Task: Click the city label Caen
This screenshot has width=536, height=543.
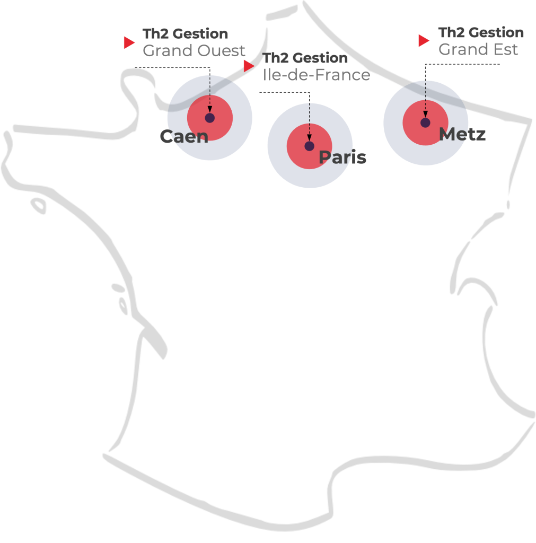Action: (183, 136)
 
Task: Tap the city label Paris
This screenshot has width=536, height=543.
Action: (342, 157)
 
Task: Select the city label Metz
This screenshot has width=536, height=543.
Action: (462, 134)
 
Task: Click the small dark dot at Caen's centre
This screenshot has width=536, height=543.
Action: (210, 118)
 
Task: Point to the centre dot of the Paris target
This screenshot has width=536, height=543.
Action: (310, 146)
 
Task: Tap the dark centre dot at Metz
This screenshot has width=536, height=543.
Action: (425, 122)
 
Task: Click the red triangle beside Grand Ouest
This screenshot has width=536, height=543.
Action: (129, 42)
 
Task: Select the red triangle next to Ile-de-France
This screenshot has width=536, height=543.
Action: (249, 66)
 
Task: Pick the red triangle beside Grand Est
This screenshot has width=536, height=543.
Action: (423, 40)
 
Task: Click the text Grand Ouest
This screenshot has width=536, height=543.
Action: (194, 51)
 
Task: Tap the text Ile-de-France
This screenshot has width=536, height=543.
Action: (317, 75)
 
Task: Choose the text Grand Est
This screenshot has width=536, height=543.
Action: (478, 49)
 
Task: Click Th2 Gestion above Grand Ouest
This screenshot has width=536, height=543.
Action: (185, 33)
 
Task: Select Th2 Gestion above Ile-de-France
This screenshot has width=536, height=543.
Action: (305, 57)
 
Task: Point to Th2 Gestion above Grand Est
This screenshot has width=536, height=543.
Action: (481, 32)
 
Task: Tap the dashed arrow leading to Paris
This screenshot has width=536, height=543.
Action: (310, 122)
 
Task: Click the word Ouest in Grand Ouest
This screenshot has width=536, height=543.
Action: (223, 51)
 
